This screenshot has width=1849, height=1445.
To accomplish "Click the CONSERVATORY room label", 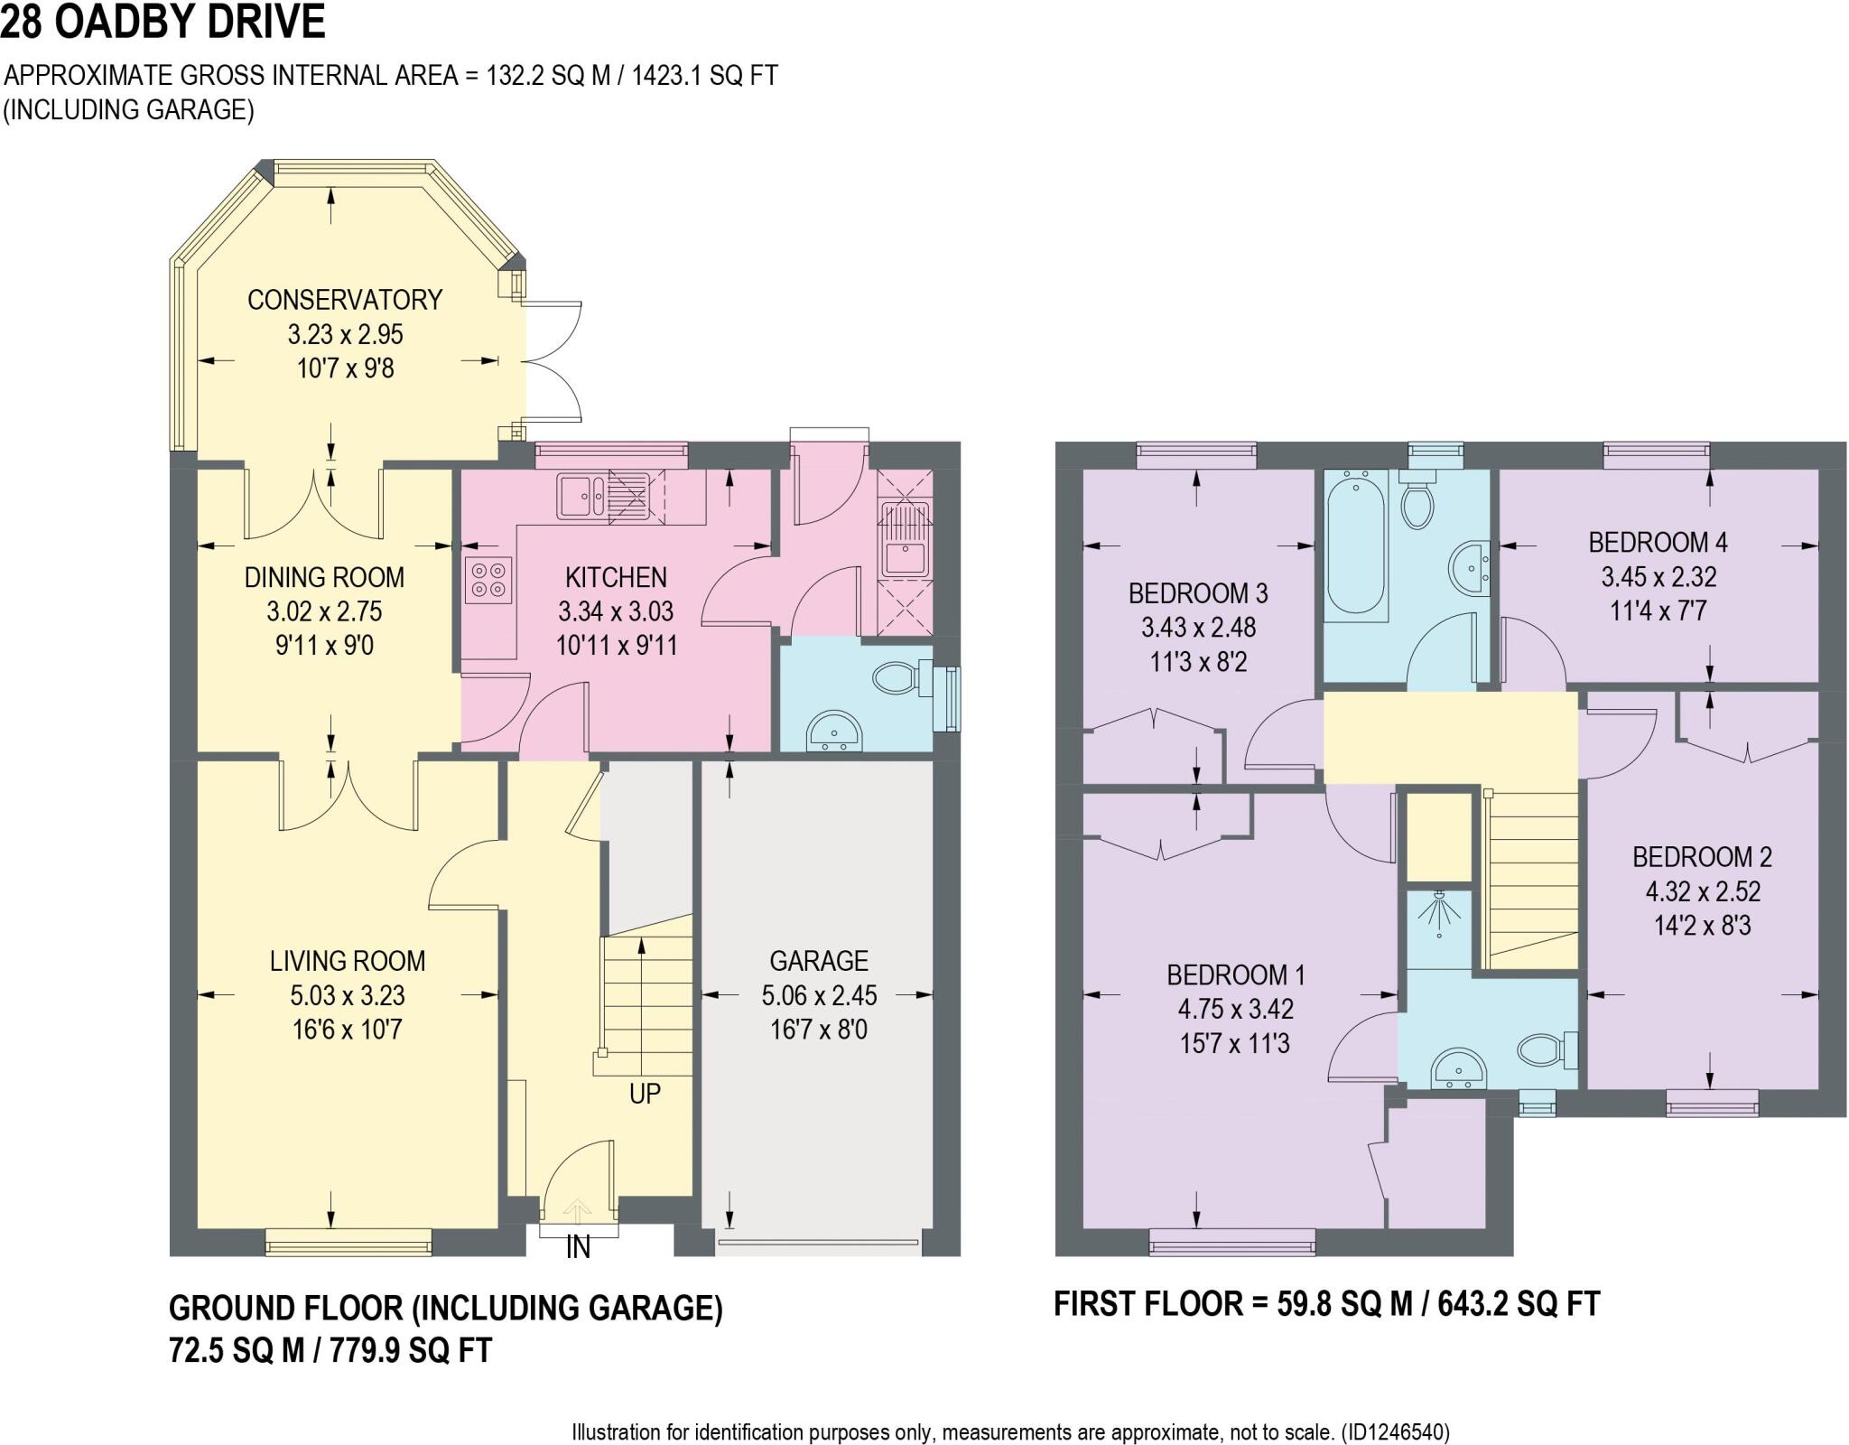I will [x=345, y=300].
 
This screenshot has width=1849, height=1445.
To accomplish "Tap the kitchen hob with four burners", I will [x=488, y=579].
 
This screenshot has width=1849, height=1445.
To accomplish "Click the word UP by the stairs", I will [x=645, y=1094].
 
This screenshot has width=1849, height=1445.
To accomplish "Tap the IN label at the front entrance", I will [x=578, y=1247].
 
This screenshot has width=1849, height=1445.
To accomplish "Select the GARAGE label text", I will [x=818, y=960].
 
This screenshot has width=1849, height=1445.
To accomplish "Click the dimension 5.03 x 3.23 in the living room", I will [x=347, y=995].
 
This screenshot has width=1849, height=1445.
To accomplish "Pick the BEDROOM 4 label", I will [x=1658, y=542].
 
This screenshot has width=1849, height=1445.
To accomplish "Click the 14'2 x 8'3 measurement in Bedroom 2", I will [x=1703, y=926].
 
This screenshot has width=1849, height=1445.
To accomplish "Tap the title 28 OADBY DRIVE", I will [x=163, y=22].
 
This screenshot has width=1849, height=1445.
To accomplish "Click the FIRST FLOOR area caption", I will [x=1326, y=1304].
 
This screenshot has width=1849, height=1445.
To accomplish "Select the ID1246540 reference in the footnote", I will [x=1396, y=1432].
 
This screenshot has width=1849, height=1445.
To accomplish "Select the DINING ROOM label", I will [x=324, y=577].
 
